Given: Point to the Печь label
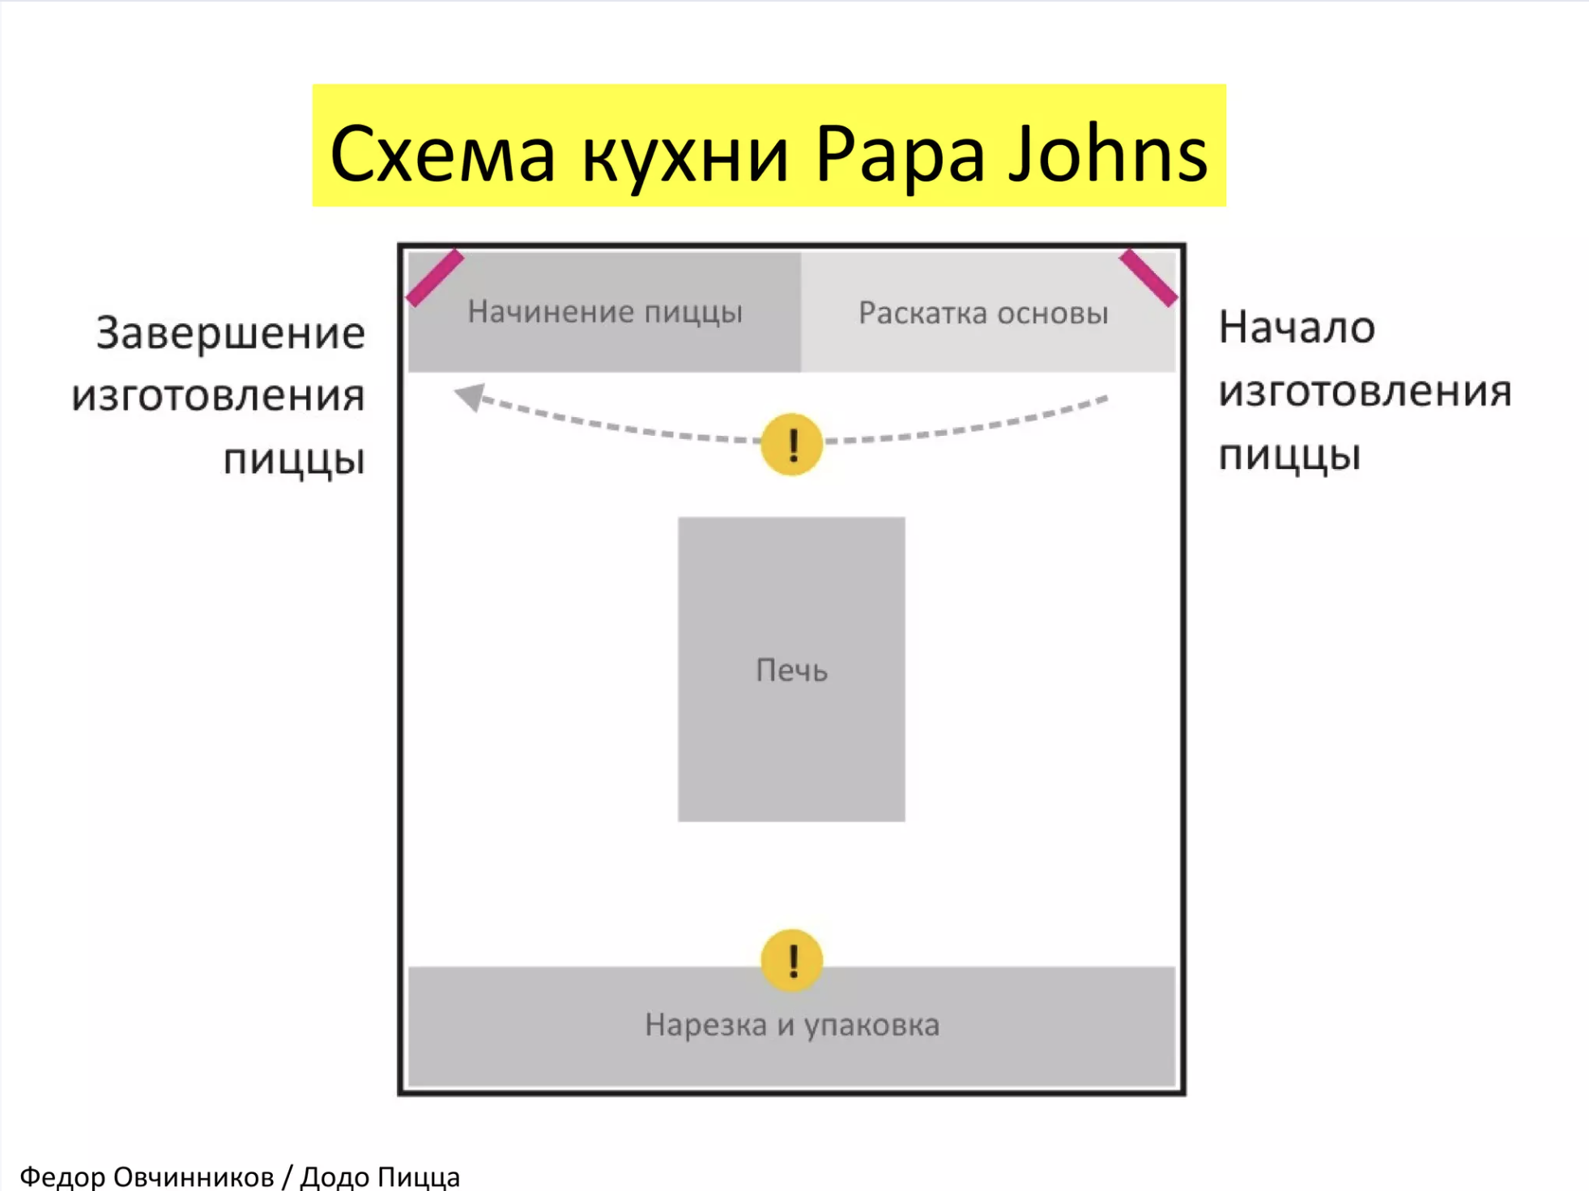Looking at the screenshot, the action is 791,670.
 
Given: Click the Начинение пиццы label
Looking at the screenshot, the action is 605,311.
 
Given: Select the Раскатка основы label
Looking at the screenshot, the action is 983,313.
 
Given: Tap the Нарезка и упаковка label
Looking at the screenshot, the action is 792,1025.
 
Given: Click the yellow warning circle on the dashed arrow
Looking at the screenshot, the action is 792,443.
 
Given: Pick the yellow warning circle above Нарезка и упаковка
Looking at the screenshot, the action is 792,960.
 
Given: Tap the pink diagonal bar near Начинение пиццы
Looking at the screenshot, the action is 435,278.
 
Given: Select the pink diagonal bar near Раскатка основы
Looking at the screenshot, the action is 1148,278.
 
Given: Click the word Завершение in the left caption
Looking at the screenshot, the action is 231,333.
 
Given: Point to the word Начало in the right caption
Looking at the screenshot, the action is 1297,327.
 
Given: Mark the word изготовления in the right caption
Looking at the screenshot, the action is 1365,391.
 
